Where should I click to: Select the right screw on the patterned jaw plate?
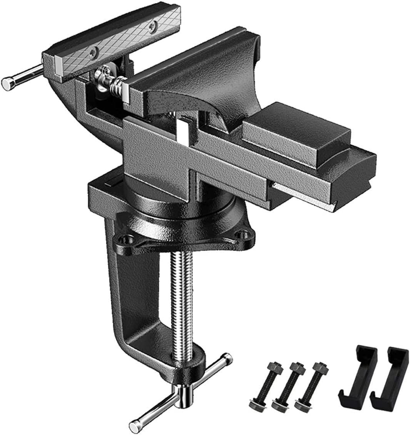pyautogui.click(x=153, y=26)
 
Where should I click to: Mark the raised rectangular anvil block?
pyautogui.click(x=296, y=131)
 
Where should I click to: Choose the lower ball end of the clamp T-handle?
pyautogui.click(x=135, y=425)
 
